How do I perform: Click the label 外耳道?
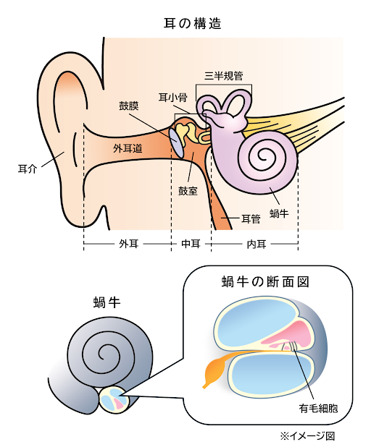128,148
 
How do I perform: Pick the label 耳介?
27,170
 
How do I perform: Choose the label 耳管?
251,218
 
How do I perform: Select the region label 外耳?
128,244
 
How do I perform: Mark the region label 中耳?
190,244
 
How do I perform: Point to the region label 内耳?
257,244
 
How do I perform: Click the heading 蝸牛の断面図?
265,281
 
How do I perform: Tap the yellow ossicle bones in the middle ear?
189,132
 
